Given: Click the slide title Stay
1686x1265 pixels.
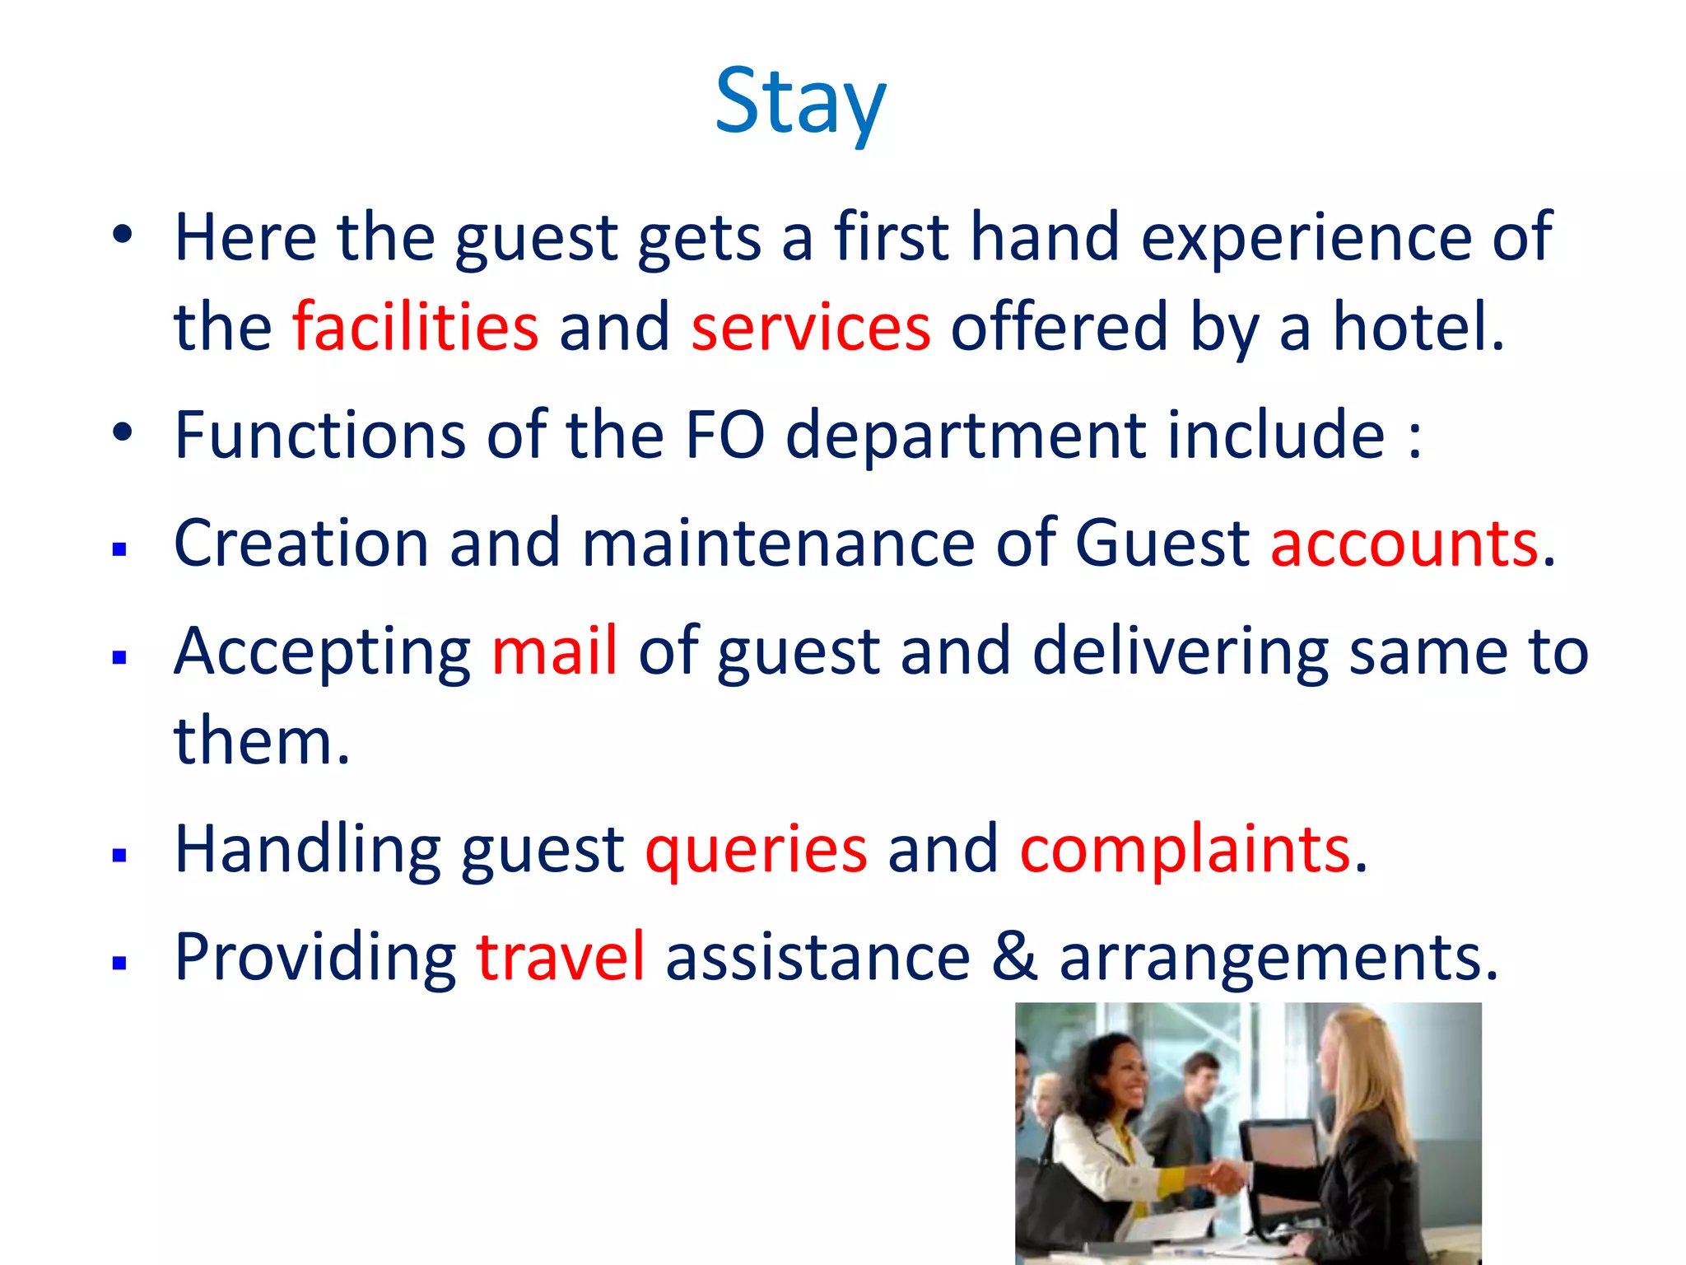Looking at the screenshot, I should (800, 102).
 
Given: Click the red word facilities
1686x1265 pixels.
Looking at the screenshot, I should (416, 327).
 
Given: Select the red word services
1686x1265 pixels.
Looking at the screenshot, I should (810, 327).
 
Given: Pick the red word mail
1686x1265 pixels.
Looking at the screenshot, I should (554, 651).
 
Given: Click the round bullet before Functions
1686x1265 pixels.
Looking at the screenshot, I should (122, 433).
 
